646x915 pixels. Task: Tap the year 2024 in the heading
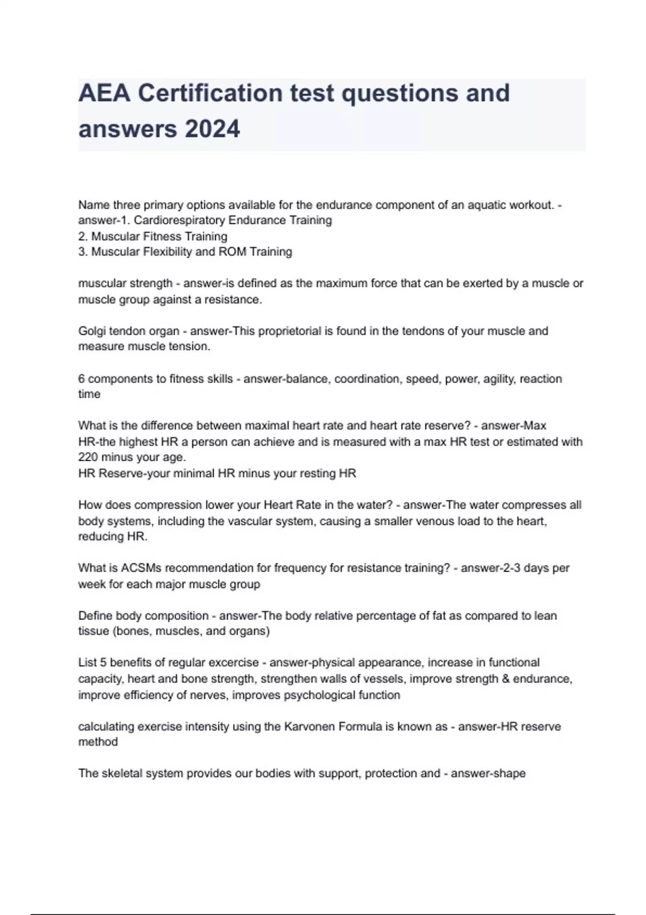click(212, 129)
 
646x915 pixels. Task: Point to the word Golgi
click(92, 330)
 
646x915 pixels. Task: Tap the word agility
click(498, 378)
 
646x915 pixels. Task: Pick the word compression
click(165, 505)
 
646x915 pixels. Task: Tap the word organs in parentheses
click(248, 631)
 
